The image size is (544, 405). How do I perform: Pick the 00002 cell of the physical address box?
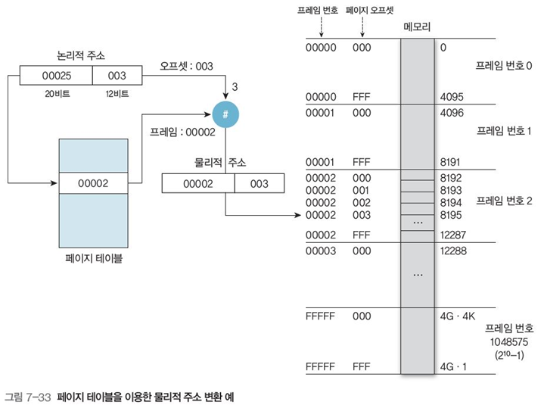(197, 183)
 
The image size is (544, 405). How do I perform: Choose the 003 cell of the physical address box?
(259, 183)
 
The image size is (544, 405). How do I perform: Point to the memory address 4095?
(451, 97)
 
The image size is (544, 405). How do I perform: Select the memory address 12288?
(454, 251)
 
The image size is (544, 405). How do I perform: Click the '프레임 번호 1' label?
(505, 130)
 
